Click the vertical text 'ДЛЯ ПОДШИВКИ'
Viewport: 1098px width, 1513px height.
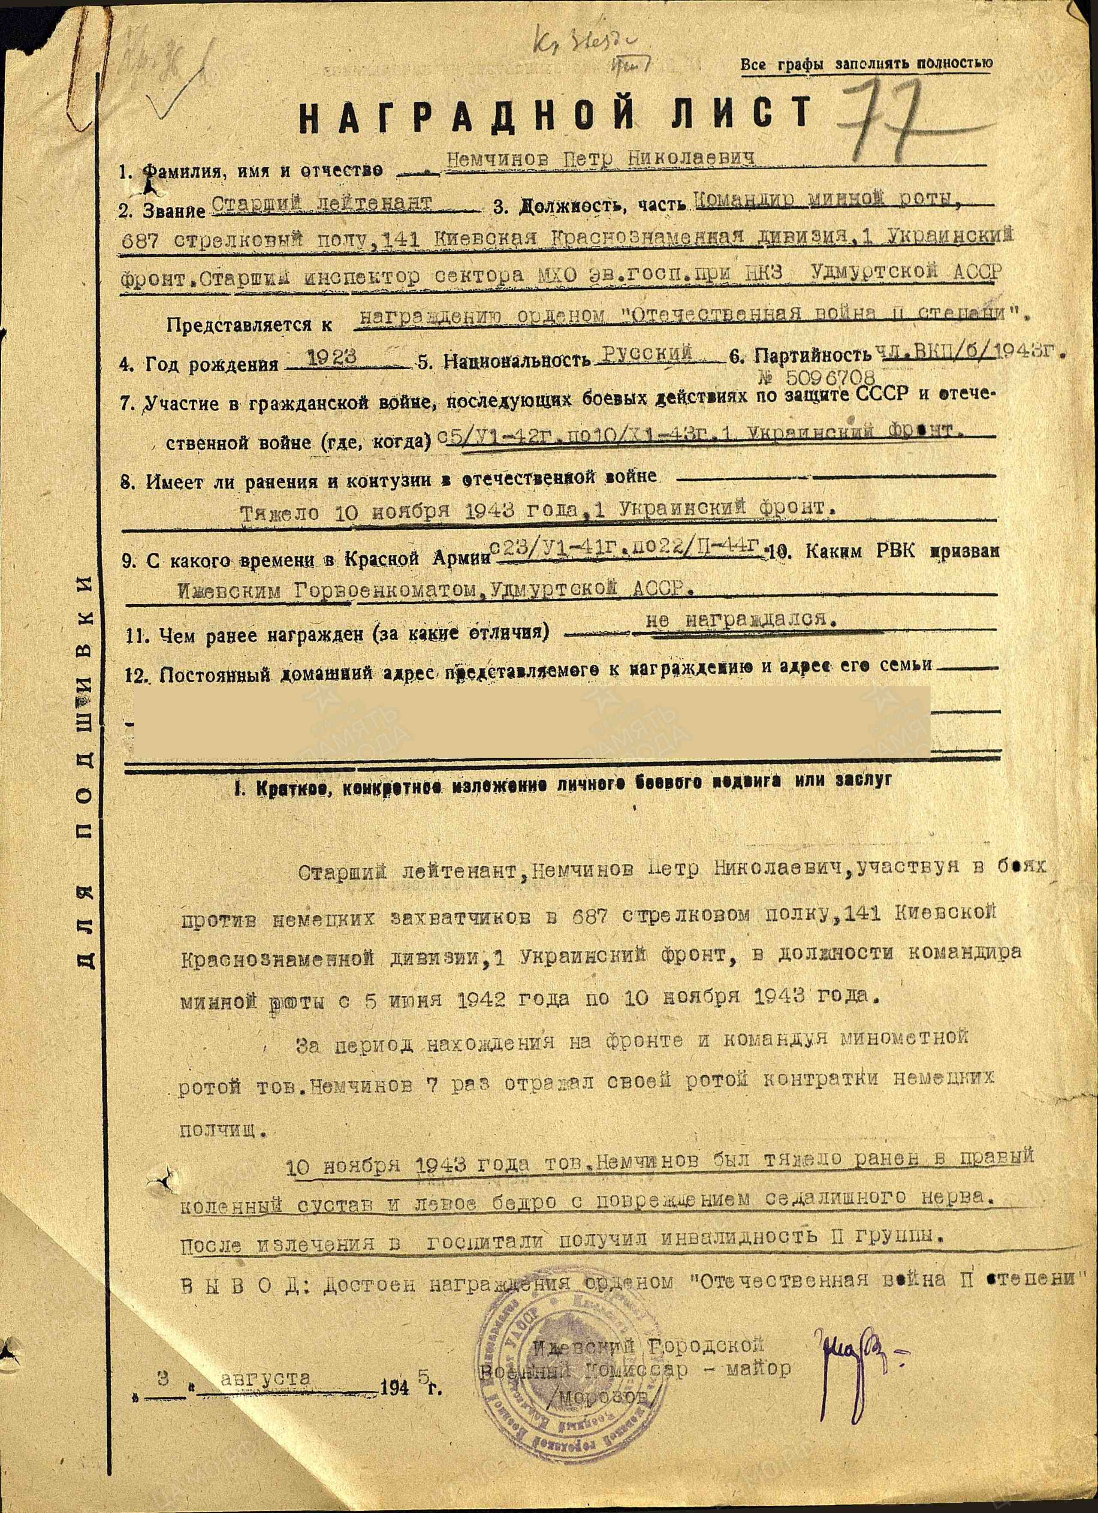pos(85,767)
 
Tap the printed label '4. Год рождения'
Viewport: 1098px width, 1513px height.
pos(199,364)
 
